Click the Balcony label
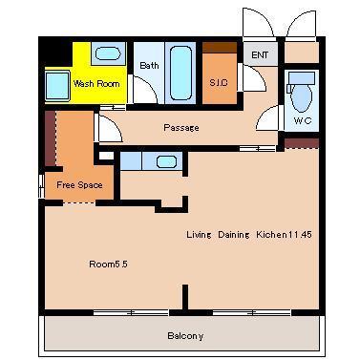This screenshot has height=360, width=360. point(185,336)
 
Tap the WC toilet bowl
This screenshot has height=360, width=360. point(301,98)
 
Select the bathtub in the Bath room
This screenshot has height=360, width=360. point(180,74)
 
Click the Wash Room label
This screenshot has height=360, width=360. point(96,84)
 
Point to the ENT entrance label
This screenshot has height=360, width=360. point(260,55)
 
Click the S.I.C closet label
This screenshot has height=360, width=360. point(219,83)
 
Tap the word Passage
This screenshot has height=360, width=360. point(181,128)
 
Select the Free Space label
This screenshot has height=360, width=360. point(79,185)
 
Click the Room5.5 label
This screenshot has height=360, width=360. point(108,265)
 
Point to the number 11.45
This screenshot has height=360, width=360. point(300,235)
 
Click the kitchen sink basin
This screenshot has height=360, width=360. point(166,161)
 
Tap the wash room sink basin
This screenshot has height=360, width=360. point(108,53)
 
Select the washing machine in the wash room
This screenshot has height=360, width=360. point(57,86)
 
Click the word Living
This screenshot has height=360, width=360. point(199,235)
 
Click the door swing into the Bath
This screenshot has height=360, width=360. point(145,90)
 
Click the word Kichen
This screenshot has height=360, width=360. point(271,235)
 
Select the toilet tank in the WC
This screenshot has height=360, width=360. point(301,78)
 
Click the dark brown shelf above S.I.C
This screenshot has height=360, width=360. point(220,48)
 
